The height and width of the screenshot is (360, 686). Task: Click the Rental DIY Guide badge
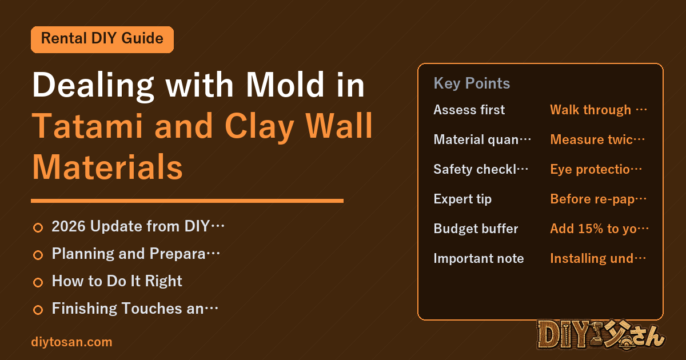(102, 39)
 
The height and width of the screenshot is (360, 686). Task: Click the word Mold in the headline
(285, 85)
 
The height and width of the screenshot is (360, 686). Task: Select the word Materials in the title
(107, 167)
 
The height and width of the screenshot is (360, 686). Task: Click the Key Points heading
(472, 83)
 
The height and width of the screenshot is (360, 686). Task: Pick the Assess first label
(469, 110)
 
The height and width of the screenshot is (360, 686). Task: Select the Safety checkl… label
(481, 169)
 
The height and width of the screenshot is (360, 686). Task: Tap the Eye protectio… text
(596, 169)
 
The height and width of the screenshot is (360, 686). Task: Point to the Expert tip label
(462, 199)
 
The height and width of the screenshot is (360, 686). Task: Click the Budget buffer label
(476, 229)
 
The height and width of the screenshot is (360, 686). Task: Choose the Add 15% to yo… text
(599, 229)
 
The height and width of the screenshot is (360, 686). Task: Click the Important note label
(478, 258)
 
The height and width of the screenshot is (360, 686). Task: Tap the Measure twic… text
(597, 139)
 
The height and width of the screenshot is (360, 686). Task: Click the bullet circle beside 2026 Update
(38, 228)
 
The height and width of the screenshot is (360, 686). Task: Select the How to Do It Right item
(117, 281)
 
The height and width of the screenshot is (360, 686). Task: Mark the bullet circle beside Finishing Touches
(38, 310)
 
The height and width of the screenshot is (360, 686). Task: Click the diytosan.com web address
(71, 342)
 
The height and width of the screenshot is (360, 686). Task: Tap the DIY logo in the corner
(601, 335)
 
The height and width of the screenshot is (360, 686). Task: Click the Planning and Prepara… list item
(135, 254)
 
